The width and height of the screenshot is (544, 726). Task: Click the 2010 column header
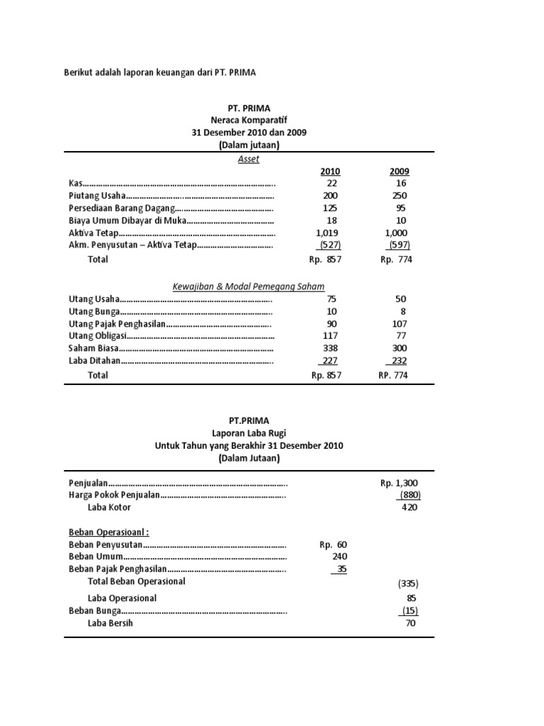click(x=330, y=172)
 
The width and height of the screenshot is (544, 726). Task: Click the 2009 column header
click(x=399, y=172)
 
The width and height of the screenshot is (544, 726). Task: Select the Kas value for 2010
click(x=331, y=183)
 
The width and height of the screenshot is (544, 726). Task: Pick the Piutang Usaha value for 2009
click(x=399, y=196)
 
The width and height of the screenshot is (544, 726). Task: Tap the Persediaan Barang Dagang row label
click(x=120, y=208)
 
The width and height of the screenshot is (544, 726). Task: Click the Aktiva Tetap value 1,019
click(x=327, y=233)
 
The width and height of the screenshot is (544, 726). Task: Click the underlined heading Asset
click(x=249, y=159)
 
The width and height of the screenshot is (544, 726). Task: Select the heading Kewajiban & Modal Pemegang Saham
click(x=249, y=286)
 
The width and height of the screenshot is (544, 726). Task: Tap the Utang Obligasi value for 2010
click(x=330, y=336)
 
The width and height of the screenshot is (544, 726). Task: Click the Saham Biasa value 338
click(x=330, y=349)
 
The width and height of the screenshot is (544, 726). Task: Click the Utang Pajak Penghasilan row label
click(x=117, y=324)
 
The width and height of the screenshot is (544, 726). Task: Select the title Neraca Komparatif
click(x=249, y=120)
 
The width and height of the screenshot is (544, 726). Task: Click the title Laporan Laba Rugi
click(x=249, y=432)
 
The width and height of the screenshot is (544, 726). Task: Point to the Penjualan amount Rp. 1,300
click(x=399, y=483)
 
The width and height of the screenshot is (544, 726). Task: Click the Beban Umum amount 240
click(x=339, y=557)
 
